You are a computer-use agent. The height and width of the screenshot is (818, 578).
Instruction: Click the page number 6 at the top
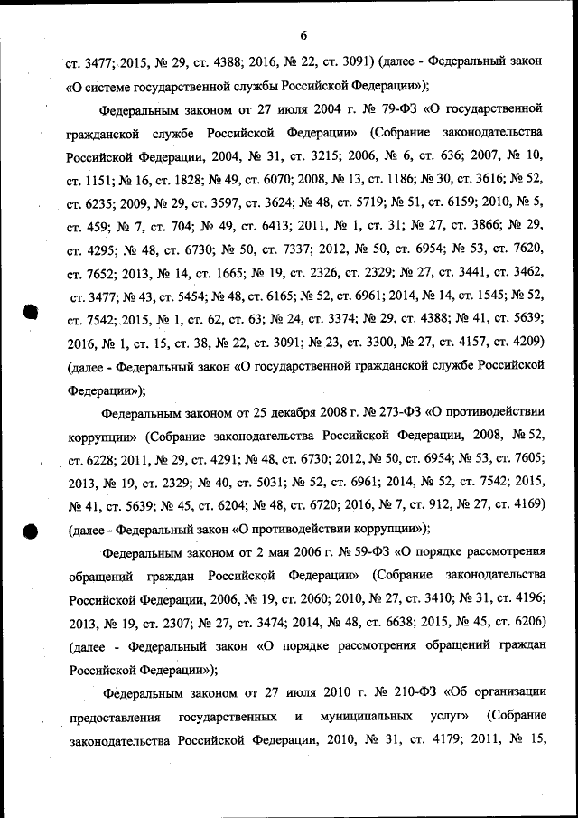click(x=303, y=35)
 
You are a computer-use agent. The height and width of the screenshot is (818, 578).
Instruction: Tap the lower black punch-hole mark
click(x=29, y=531)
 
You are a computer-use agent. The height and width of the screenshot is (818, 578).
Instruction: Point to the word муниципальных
click(x=364, y=717)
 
